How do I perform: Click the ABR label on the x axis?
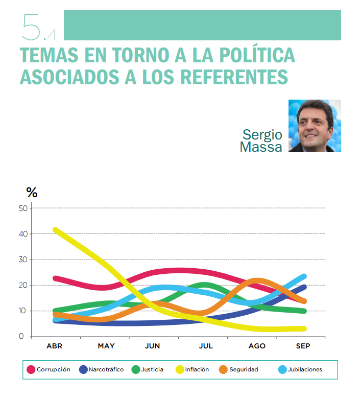pos(54,346)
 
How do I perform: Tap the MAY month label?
pos(106,346)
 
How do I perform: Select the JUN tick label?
pos(152,346)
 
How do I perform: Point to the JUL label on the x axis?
pos(205,346)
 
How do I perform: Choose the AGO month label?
pos(257,346)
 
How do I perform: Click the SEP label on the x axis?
pos(303,346)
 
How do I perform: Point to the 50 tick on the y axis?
pos(22,208)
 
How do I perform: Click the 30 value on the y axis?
pos(22,260)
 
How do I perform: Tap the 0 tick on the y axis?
pos(22,336)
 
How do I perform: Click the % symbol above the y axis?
pos(32,193)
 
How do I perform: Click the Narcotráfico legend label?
pos(106,369)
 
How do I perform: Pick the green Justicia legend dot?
pos(136,369)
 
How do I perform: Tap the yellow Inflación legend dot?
pos(179,369)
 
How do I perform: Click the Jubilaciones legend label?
pos(303,369)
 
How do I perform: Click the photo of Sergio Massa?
pos(315,126)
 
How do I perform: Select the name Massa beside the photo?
pos(261,147)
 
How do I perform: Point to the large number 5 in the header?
pos(32,27)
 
